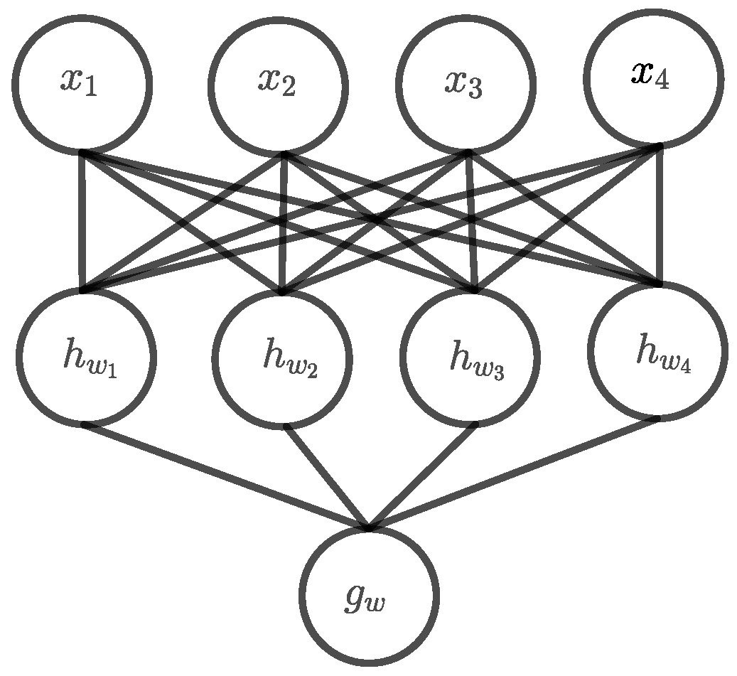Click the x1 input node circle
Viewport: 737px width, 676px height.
click(x=81, y=85)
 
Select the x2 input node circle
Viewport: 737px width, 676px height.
click(x=279, y=86)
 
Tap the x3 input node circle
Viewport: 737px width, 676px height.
click(x=466, y=85)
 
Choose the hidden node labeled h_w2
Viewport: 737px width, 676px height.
click(x=282, y=360)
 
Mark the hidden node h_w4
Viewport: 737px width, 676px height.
click(x=657, y=351)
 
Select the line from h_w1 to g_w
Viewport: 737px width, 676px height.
click(x=226, y=477)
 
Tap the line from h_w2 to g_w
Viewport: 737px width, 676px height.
click(x=327, y=478)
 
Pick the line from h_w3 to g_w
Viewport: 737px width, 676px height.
click(x=423, y=477)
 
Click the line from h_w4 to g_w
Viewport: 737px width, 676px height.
click(x=514, y=474)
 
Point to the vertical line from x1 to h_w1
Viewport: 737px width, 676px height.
click(x=82, y=222)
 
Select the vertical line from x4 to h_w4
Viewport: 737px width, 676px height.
click(x=660, y=215)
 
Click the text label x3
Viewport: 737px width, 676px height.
click(x=463, y=83)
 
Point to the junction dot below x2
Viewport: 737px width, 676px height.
click(x=283, y=153)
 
